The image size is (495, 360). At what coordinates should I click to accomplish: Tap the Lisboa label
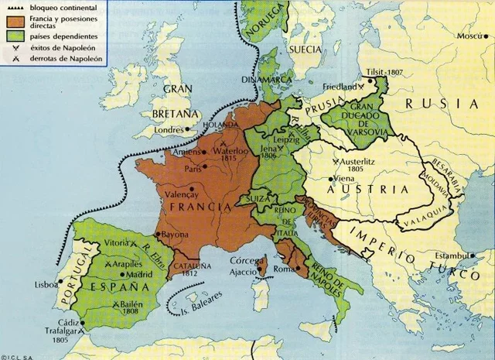[x=46, y=284]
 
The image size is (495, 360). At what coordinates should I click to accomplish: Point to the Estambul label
[x=452, y=255]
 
